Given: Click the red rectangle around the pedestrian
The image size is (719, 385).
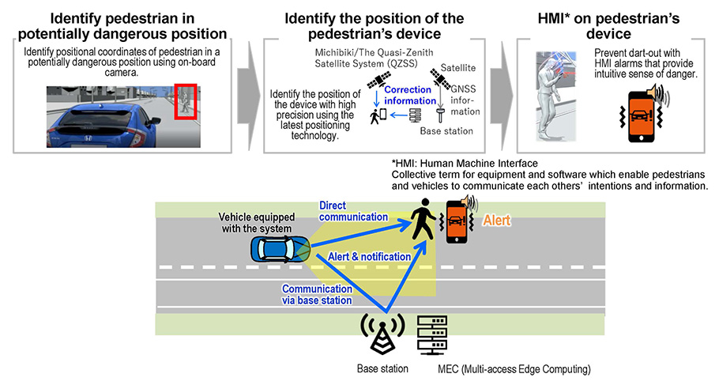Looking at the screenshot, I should click(x=185, y=101).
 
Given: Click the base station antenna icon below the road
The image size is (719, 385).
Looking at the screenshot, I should click(x=382, y=337).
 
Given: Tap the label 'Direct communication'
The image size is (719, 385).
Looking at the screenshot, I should click(x=353, y=211).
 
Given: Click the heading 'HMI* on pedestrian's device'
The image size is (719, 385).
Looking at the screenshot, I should click(x=608, y=26).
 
